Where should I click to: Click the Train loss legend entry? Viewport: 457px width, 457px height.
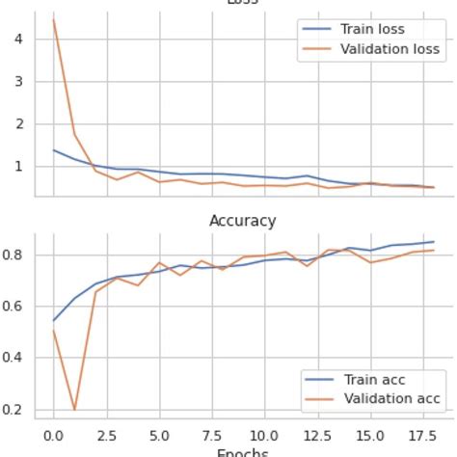(371, 29)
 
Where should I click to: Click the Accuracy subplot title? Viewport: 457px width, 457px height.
(243, 221)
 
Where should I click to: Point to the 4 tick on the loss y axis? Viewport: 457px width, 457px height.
(19, 39)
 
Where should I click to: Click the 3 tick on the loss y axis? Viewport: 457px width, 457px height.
(19, 81)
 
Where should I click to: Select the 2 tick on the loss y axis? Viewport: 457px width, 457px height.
(19, 123)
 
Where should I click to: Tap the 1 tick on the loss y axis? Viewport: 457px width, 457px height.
(19, 166)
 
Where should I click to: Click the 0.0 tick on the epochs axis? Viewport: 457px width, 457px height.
(53, 435)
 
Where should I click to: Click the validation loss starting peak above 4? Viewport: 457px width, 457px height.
(53, 19)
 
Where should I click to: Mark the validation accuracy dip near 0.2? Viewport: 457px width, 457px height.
(74, 410)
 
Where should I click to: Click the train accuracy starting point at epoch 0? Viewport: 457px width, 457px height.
(53, 320)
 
